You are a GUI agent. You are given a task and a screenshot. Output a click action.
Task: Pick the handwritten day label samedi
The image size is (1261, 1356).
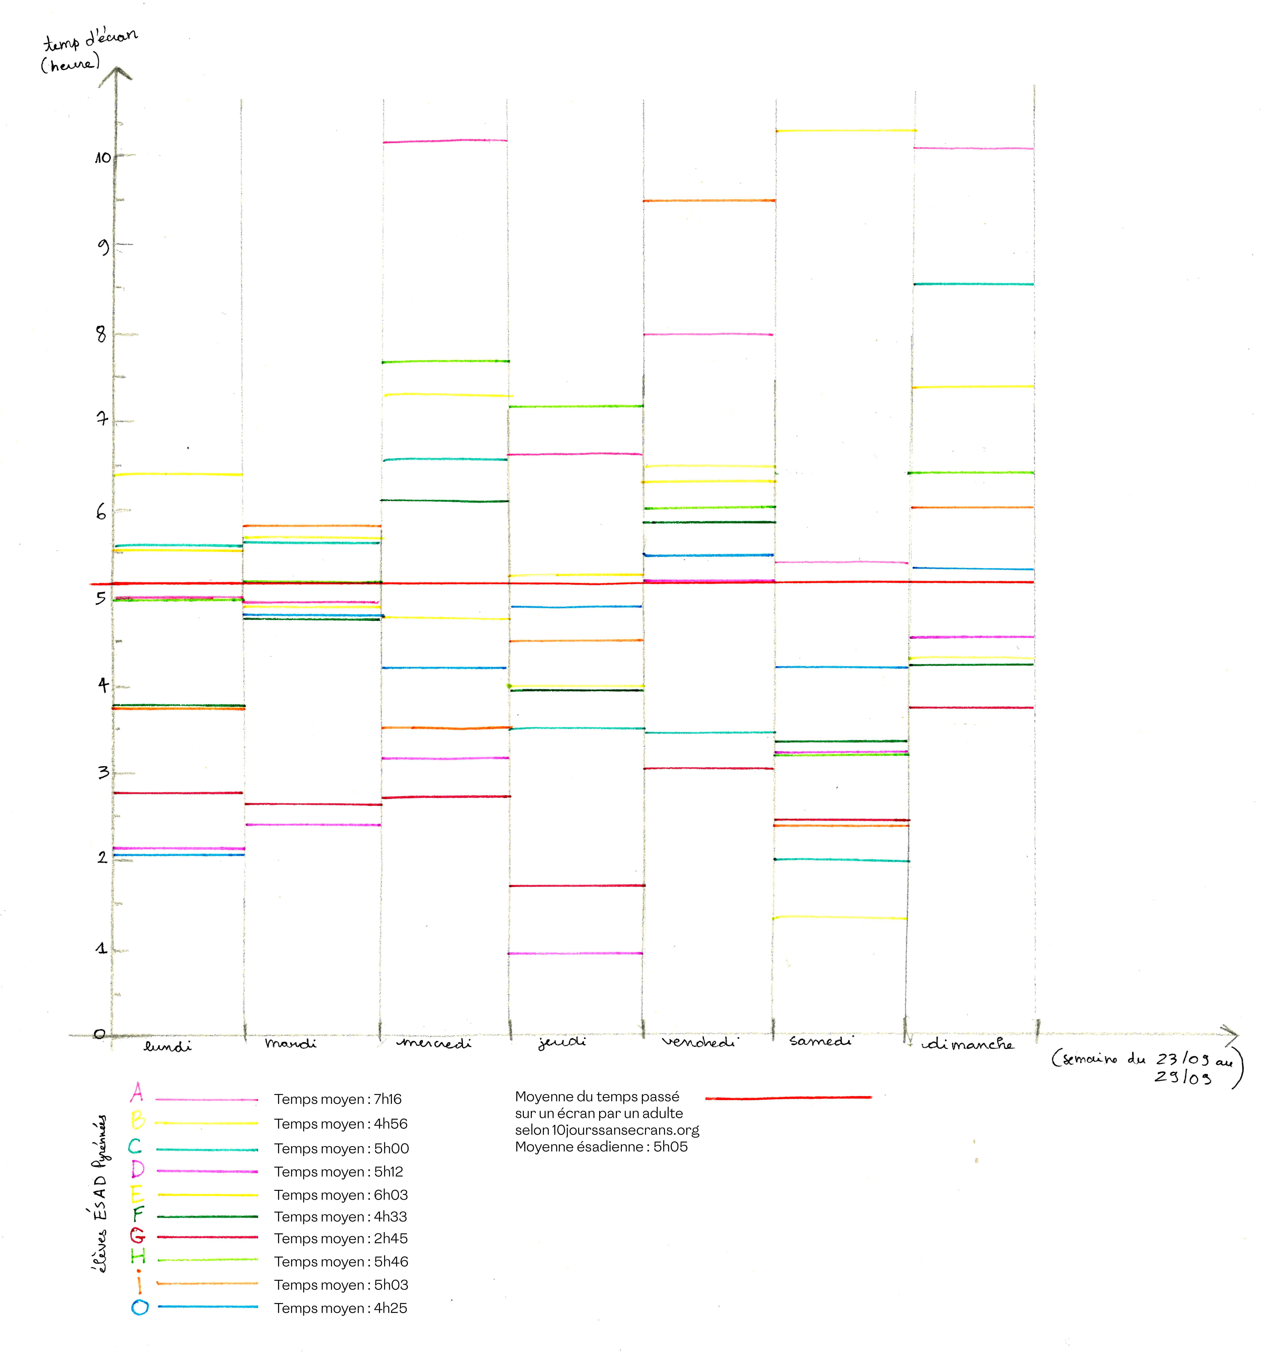pos(820,1041)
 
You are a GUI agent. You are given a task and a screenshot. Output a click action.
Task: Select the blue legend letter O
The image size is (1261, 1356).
pos(140,1307)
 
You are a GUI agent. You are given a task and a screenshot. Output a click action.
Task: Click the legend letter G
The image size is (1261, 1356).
pos(137,1235)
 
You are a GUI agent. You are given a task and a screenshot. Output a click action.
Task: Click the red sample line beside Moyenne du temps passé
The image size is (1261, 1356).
pos(788,1098)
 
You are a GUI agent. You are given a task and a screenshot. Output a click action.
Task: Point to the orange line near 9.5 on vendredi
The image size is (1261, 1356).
pos(709,200)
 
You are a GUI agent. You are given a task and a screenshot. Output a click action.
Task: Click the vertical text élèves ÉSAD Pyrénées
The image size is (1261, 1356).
pos(100,1194)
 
